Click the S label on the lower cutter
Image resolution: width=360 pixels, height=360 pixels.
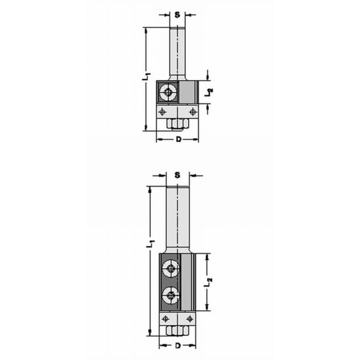click(x=177, y=175)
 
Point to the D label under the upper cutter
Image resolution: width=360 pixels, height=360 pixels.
click(x=178, y=139)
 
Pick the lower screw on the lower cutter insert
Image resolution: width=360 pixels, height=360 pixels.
click(x=170, y=296)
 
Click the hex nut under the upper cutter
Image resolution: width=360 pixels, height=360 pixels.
click(x=177, y=123)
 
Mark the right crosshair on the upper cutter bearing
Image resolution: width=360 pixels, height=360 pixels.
click(x=192, y=111)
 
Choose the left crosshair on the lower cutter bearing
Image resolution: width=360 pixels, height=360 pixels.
click(x=165, y=319)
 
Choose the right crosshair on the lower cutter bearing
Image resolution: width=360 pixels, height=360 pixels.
click(x=189, y=319)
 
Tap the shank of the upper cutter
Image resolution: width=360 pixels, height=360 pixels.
click(x=177, y=51)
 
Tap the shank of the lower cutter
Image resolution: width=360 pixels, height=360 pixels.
click(x=177, y=216)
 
